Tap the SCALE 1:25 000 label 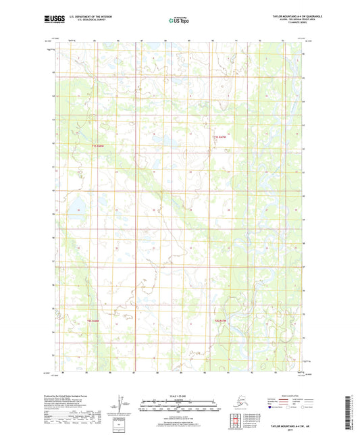(179, 395)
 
